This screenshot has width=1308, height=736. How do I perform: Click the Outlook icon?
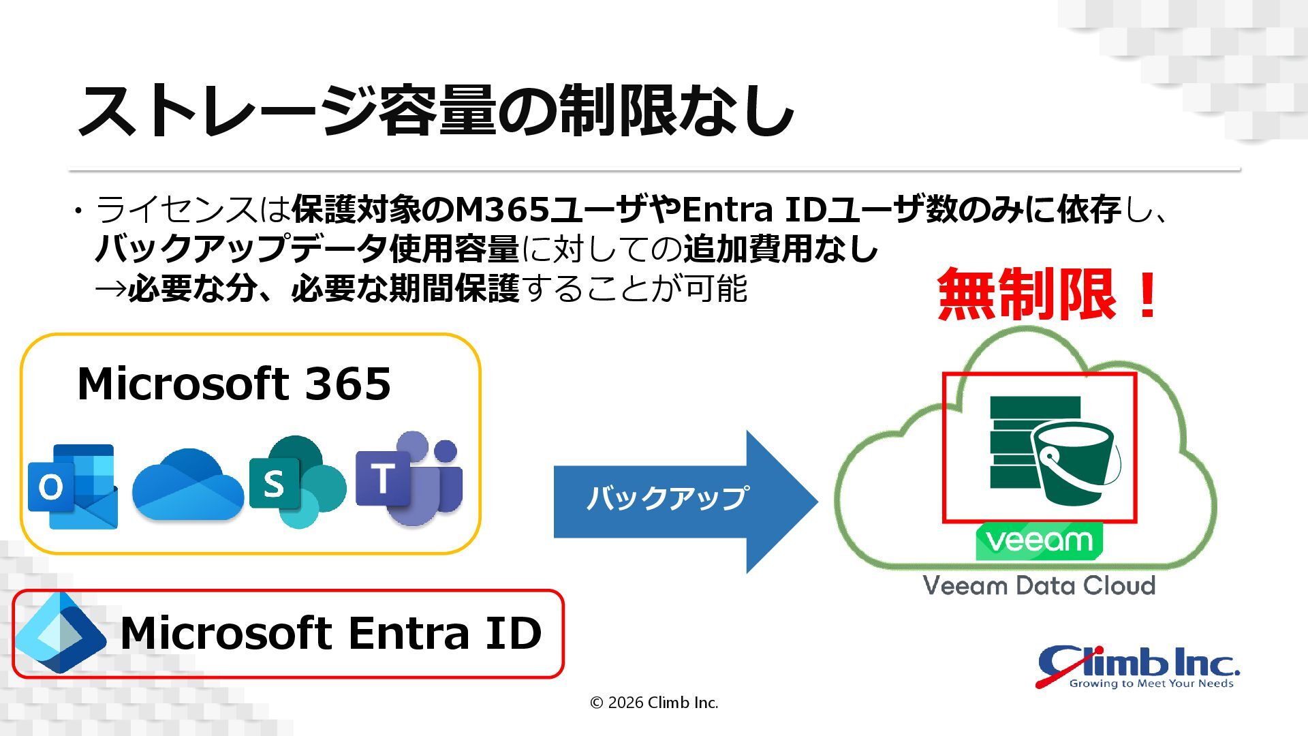[72, 486]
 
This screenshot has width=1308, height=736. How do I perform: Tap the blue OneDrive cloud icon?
[187, 485]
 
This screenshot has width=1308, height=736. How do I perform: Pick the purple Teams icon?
[409, 478]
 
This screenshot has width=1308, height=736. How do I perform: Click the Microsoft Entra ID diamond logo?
[60, 633]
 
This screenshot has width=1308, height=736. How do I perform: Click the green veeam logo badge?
[1039, 541]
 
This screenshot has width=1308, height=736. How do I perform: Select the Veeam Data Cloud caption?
[1039, 585]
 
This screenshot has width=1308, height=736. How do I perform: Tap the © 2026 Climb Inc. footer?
[654, 703]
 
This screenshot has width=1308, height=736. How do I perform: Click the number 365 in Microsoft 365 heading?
[347, 384]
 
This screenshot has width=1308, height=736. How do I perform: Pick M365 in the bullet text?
[502, 209]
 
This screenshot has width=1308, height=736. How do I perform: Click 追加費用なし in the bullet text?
[781, 249]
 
